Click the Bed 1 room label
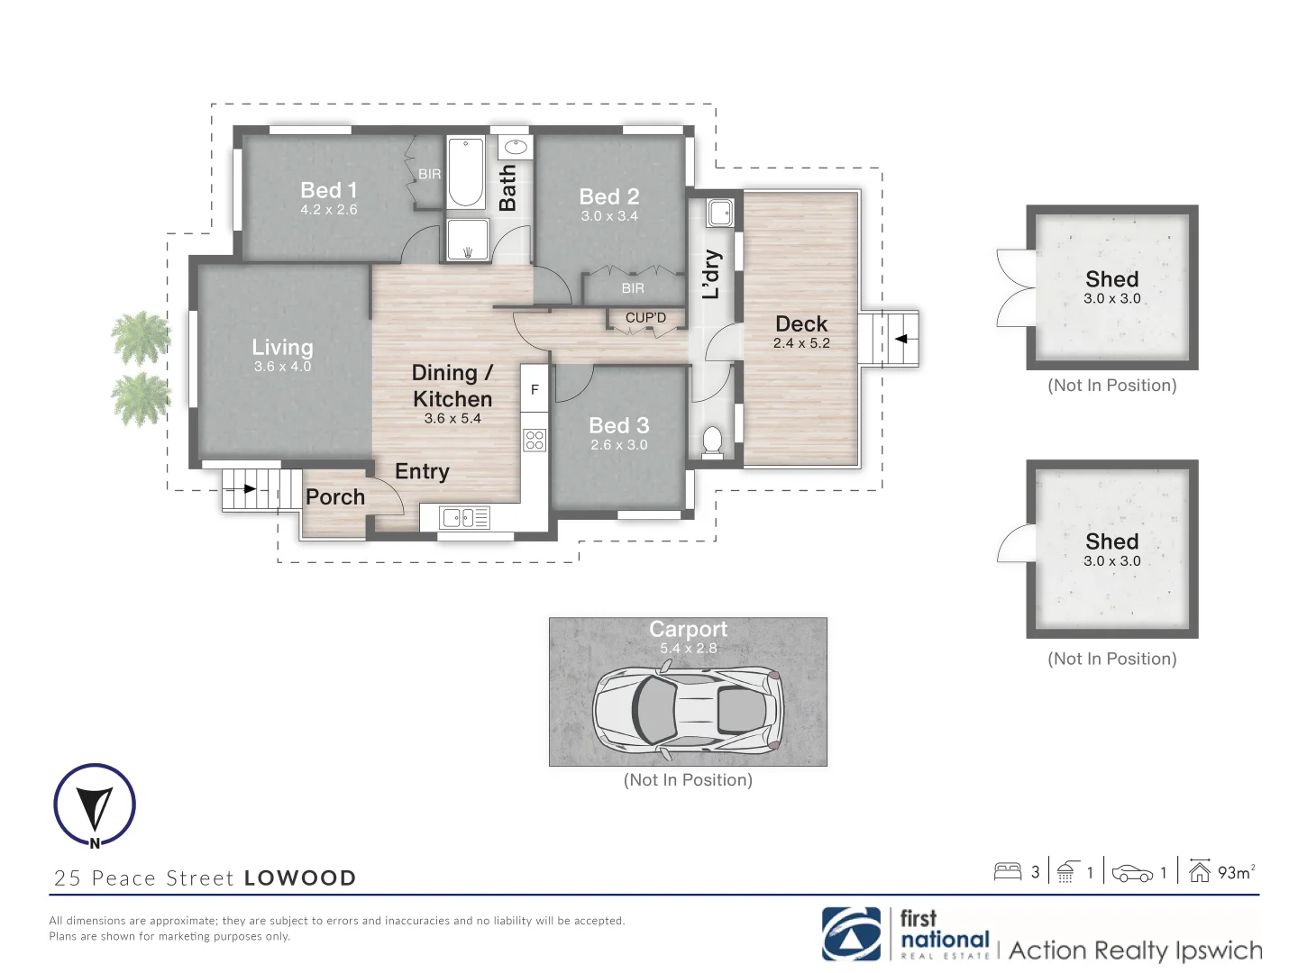pos(328,190)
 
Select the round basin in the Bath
pos(516,147)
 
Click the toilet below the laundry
pos(712,441)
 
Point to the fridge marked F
pos(535,389)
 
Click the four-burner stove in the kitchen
pos(535,440)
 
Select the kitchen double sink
pos(464,517)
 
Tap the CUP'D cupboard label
pos(645,317)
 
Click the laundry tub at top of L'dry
pos(719,213)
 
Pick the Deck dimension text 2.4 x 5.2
pos(801,343)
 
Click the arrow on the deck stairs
pos(900,339)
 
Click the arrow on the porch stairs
pos(246,489)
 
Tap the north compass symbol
pos(95,805)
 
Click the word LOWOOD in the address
pos(300,878)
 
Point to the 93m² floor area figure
pos(1235,872)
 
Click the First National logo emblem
pos(851,934)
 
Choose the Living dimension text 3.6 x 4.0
pos(282,367)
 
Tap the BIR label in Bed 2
pos(633,288)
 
